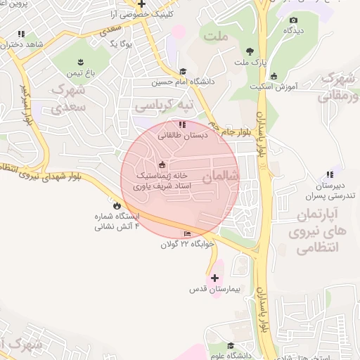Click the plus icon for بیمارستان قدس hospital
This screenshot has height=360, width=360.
click(x=214, y=278)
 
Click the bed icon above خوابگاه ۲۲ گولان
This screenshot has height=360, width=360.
click(x=187, y=233)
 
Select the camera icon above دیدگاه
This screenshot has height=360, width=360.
click(x=293, y=20)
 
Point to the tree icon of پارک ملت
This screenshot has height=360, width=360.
click(x=250, y=51)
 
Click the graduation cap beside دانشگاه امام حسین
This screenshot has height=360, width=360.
click(x=183, y=71)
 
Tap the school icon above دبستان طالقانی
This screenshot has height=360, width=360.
click(x=183, y=124)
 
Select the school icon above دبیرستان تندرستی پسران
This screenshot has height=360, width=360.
click(x=329, y=174)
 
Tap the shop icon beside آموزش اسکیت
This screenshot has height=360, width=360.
click(x=274, y=77)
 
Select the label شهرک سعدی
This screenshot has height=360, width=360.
click(x=68, y=98)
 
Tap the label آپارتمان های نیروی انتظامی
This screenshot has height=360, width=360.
click(x=314, y=231)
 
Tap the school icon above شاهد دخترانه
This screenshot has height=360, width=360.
click(x=22, y=33)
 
